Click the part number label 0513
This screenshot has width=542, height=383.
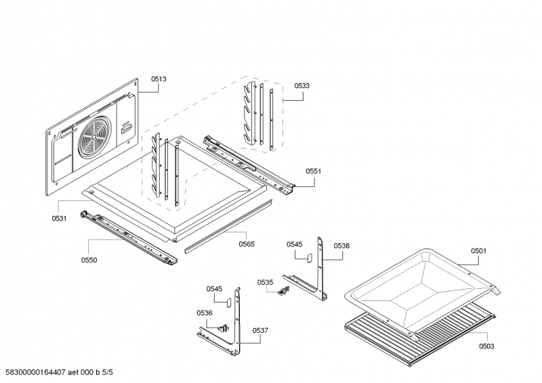point(159,79)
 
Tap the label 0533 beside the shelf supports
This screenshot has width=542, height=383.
point(302,86)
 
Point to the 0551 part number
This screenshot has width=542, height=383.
point(313,171)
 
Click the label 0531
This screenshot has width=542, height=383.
point(59,218)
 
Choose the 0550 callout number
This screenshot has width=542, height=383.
point(89,260)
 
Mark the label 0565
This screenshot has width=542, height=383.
point(247,244)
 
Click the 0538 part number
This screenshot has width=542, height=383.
point(341,246)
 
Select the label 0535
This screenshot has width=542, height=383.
point(265,281)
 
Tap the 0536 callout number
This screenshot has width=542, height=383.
point(205,313)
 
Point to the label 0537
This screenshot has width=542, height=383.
point(260,330)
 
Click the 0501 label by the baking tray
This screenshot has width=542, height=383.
point(478,251)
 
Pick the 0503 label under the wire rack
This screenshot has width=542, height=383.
point(486,346)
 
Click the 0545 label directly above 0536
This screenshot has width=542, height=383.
point(214,289)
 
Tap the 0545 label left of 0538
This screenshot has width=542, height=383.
point(294,244)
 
